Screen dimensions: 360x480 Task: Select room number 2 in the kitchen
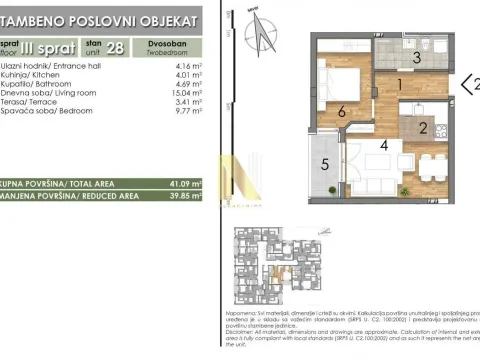(x=423, y=127)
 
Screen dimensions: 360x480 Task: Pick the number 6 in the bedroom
(x=341, y=113)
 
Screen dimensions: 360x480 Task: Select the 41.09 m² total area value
(x=184, y=183)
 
